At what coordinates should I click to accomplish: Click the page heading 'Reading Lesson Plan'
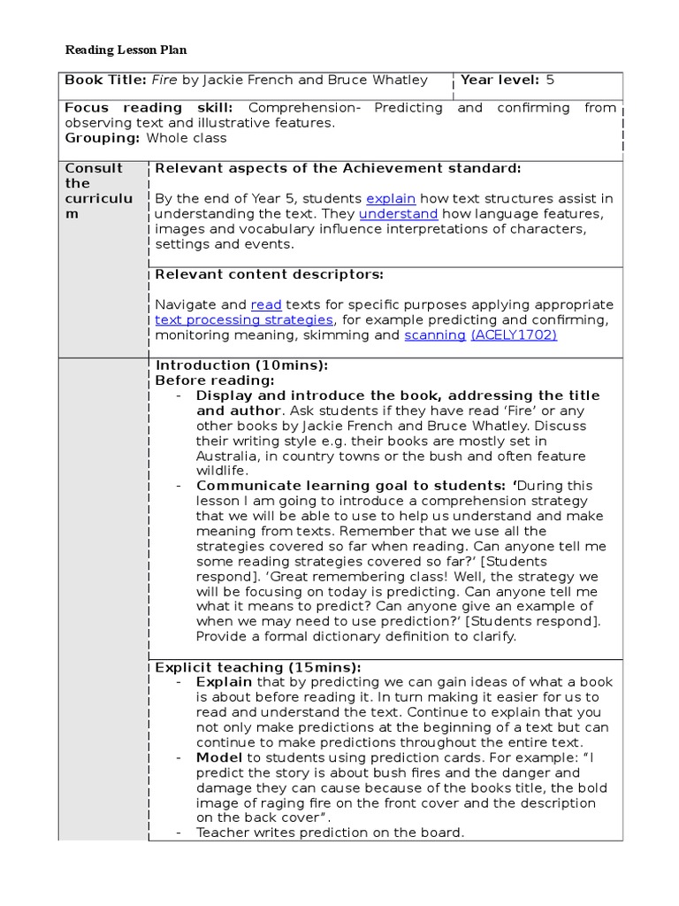(x=126, y=50)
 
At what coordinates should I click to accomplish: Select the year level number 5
(x=550, y=80)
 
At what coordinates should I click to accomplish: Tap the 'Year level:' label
(x=500, y=80)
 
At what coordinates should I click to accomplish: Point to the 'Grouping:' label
(x=103, y=138)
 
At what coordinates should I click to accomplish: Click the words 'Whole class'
(x=187, y=138)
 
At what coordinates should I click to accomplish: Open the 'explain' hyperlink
(x=391, y=199)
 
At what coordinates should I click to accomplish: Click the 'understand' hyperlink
(x=399, y=214)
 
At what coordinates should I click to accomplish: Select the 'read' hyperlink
(x=266, y=305)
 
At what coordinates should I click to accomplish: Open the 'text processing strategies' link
(x=244, y=320)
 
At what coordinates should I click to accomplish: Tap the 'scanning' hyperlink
(x=435, y=335)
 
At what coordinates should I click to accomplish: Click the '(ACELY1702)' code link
(x=514, y=335)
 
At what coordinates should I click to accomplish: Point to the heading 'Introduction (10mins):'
(x=241, y=365)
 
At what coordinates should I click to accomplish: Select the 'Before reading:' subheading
(x=215, y=380)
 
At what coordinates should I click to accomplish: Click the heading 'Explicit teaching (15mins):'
(x=258, y=667)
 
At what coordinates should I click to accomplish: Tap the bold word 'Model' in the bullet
(x=219, y=757)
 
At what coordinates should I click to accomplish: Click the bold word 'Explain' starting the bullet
(x=224, y=682)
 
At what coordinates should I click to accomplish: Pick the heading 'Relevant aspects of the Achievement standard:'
(x=338, y=168)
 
